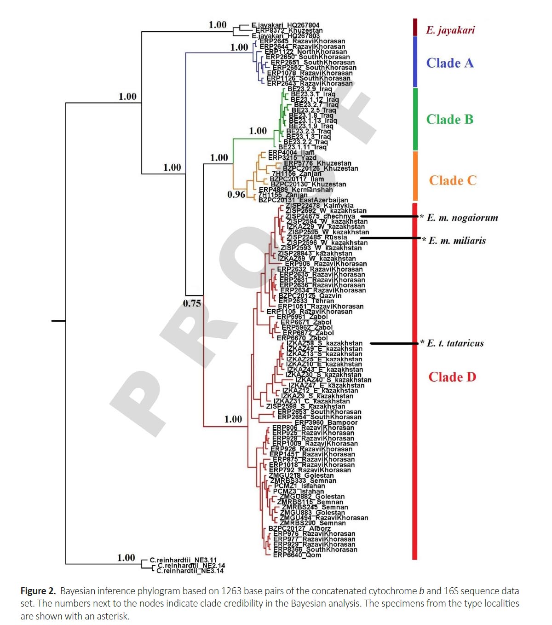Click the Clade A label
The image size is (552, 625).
449,63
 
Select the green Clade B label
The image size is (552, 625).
449,119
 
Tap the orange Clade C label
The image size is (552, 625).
453,180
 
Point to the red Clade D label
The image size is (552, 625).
452,377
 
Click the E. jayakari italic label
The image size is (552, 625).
450,30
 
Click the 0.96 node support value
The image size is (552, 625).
236,194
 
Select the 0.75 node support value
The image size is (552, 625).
192,303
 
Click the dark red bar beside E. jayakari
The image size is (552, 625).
415,27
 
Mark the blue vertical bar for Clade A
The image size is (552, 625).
415,62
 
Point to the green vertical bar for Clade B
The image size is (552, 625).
415,119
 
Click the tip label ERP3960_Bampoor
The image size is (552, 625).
326,422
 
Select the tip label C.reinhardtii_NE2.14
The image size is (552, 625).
191,566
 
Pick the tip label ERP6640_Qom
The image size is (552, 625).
297,555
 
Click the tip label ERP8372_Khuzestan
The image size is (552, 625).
289,31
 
